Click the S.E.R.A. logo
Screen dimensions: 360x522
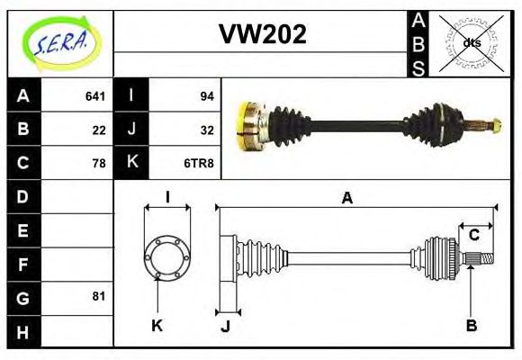[x=59, y=42]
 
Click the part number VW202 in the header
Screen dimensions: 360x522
[x=263, y=35]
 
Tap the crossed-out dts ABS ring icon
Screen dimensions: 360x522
[x=470, y=42]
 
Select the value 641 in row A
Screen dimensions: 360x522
[x=95, y=95]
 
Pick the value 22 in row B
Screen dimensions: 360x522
[x=99, y=130]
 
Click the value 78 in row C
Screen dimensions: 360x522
[x=99, y=163]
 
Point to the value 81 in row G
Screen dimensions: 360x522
[x=99, y=296]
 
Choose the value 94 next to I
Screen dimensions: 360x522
[x=206, y=95]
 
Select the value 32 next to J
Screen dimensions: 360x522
[x=206, y=130]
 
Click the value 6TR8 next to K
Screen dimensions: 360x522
[x=200, y=163]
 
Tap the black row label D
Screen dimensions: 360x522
[x=22, y=196]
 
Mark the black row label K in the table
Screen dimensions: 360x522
[x=131, y=163]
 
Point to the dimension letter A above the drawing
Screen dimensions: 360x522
[x=346, y=198]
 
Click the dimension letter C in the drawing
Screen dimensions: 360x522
[x=474, y=236]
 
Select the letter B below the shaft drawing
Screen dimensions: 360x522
[x=471, y=325]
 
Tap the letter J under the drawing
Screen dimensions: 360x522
[x=226, y=326]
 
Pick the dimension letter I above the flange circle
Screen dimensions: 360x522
[x=167, y=197]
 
